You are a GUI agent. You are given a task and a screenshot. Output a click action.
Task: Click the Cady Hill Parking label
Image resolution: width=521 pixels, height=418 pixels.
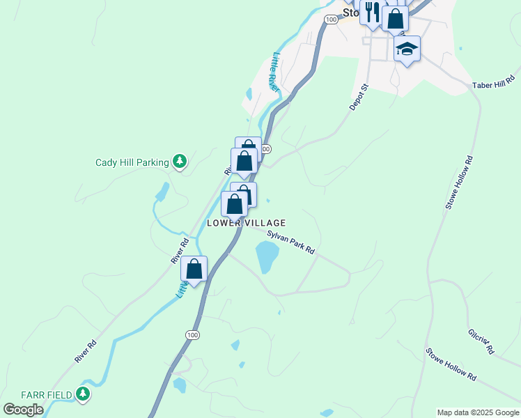(132, 162)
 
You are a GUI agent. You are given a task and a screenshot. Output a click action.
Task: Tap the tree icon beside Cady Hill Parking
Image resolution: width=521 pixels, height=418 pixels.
(180, 162)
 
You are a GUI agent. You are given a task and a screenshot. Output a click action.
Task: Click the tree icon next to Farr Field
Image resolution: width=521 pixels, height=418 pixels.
(83, 395)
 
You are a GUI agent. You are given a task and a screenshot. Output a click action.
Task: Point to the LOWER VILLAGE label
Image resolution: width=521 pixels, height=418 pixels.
(246, 222)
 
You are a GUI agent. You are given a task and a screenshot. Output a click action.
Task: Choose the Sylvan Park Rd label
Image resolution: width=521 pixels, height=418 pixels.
(290, 240)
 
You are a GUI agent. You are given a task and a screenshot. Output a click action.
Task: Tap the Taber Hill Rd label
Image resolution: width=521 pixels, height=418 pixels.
(492, 85)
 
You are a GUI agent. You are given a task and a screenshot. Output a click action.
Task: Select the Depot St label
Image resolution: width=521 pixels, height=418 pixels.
(358, 96)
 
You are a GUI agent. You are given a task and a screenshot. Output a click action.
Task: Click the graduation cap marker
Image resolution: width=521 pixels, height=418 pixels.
(407, 49)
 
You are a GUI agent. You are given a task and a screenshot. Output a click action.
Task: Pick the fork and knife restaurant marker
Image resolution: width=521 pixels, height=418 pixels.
(372, 13)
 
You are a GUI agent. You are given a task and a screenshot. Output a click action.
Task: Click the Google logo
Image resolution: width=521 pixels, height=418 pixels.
(23, 409)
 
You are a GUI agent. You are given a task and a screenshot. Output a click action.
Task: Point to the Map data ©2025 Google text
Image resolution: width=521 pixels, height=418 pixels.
(478, 412)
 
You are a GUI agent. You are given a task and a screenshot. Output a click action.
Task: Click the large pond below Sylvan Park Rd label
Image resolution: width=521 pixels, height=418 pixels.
(267, 258)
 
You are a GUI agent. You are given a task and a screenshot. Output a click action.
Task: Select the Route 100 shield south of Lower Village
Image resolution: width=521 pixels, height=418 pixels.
(192, 335)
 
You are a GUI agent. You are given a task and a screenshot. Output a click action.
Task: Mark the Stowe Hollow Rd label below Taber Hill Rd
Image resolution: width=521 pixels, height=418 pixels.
(460, 183)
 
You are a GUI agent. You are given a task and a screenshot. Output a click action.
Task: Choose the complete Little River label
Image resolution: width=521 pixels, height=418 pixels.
(277, 72)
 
